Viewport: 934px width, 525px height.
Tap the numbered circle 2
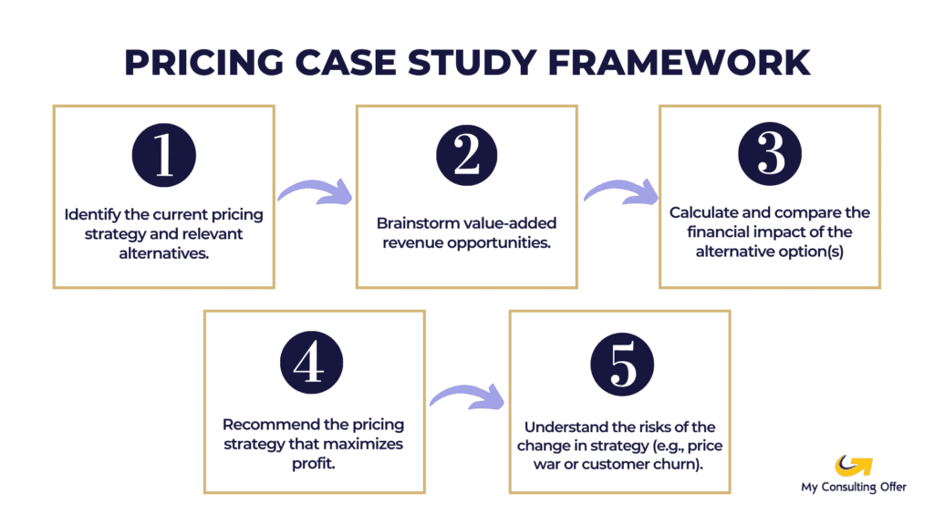(466, 157)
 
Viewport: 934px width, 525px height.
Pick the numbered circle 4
(313, 363)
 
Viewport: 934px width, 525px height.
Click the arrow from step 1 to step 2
(315, 191)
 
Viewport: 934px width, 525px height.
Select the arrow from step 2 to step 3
(619, 191)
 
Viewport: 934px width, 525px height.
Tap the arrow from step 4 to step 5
(467, 397)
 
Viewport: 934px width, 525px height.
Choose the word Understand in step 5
(563, 427)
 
